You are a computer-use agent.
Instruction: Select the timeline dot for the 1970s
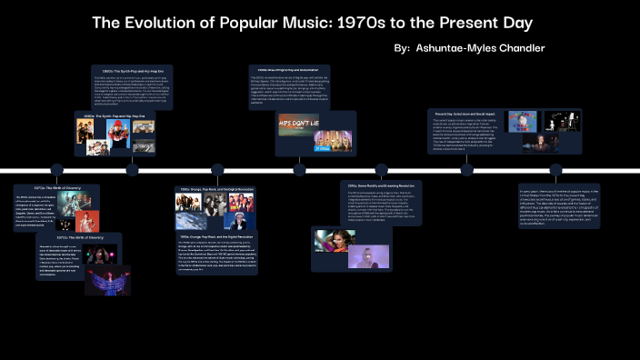pyautogui.click(x=56, y=170)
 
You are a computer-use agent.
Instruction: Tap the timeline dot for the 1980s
pyautogui.click(x=133, y=170)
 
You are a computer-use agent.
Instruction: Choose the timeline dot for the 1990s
pyautogui.click(x=217, y=170)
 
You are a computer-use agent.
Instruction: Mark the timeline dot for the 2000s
pyautogui.click(x=299, y=170)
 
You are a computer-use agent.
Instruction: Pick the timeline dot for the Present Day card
pyautogui.click(x=466, y=170)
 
